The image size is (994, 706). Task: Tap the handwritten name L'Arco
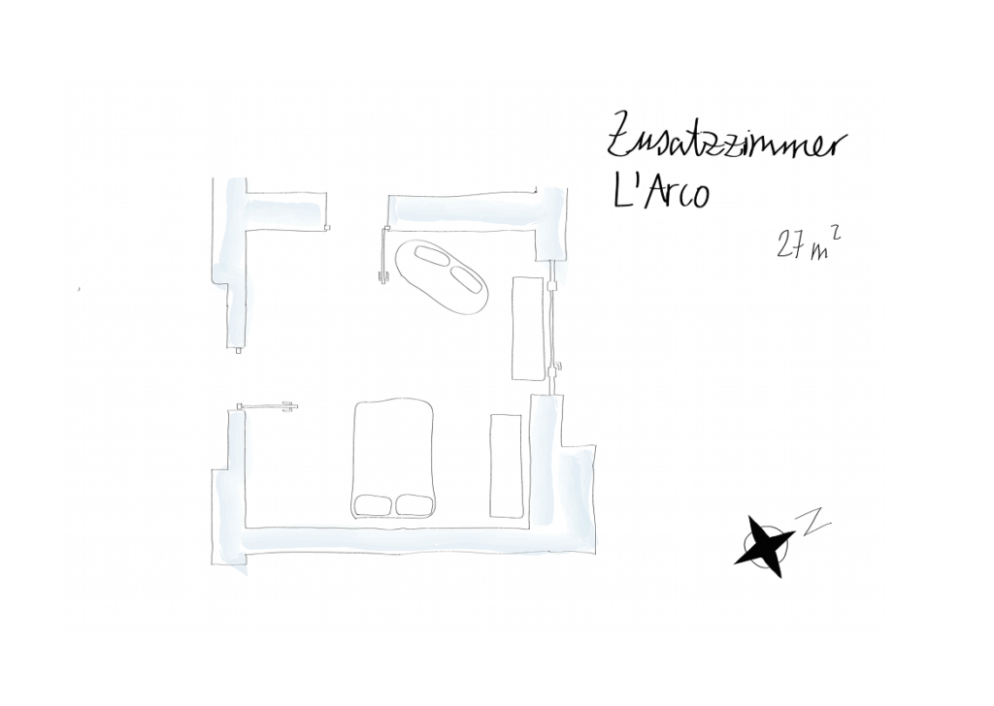[x=660, y=191]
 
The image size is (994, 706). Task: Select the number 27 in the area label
[x=787, y=245]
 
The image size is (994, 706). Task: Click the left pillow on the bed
[x=372, y=504]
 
